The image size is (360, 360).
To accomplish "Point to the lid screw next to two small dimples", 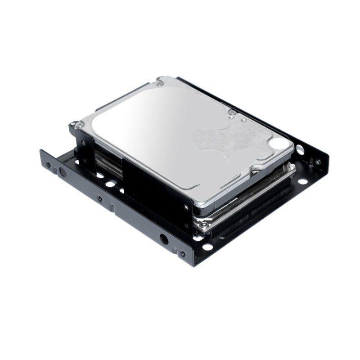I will [232, 112].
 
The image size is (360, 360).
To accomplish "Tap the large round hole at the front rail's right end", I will [162, 241].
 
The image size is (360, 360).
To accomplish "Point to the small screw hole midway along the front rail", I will [100, 199].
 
